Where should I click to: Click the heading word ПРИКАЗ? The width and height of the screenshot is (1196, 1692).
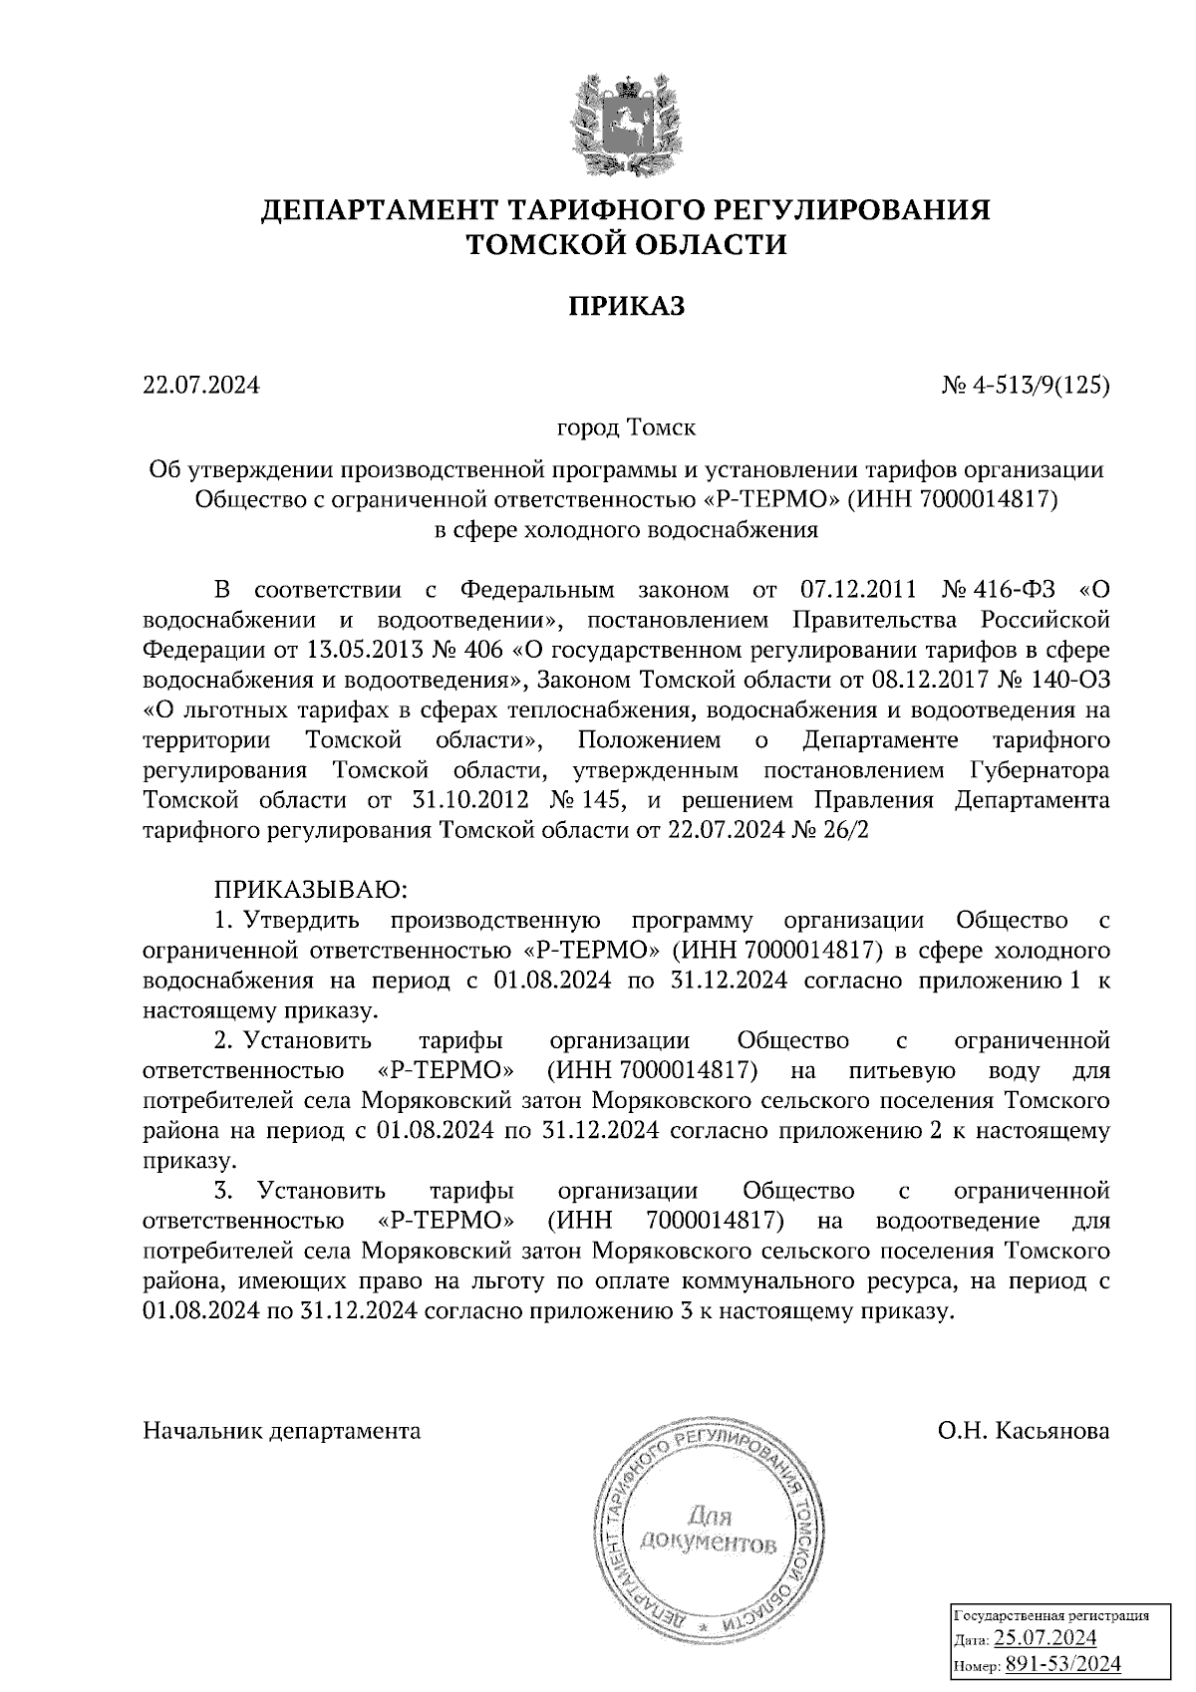627,306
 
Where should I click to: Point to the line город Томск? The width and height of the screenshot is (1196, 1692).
626,428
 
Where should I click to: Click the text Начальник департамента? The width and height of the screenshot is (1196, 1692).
282,1431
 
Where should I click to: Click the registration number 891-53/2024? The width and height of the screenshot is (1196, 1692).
1062,1663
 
